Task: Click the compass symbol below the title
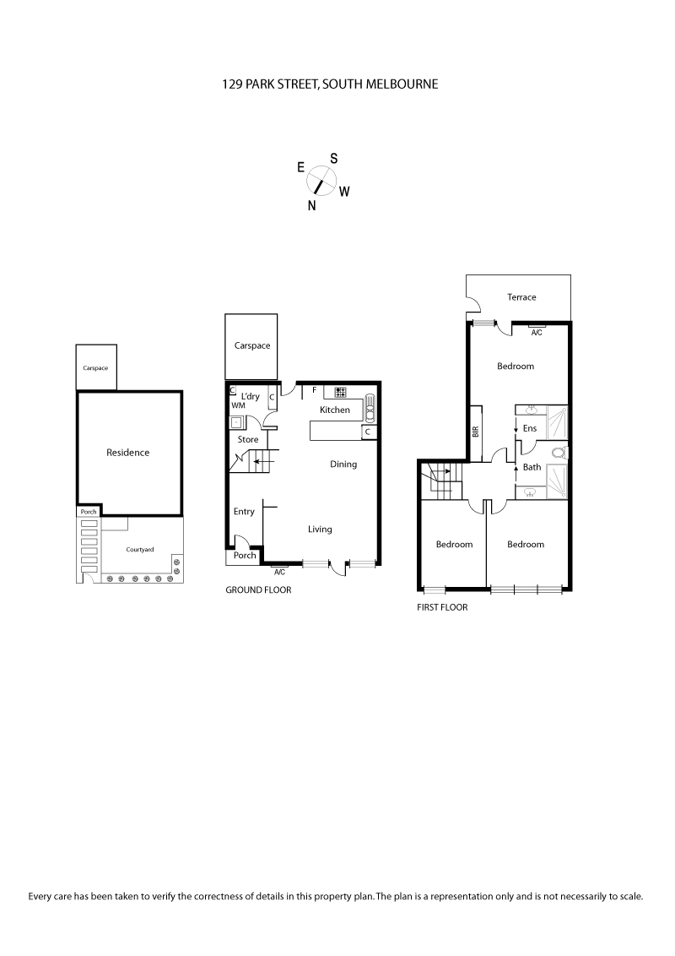pos(321,179)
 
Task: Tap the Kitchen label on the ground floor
pos(335,410)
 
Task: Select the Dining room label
pos(343,464)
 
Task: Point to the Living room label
pos(320,530)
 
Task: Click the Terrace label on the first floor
pos(521,297)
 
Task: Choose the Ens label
pos(530,429)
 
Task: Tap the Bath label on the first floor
pos(532,467)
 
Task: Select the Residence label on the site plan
pos(127,453)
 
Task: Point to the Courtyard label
pos(140,550)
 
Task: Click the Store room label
pos(248,439)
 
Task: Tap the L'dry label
pos(250,396)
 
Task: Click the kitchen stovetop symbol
pos(342,392)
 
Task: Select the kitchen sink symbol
pos(370,408)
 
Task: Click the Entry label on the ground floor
pos(244,512)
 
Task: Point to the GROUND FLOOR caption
pos(258,590)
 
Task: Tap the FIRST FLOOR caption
pos(442,607)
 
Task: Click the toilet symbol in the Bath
pos(558,453)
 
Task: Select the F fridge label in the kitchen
pos(315,390)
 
